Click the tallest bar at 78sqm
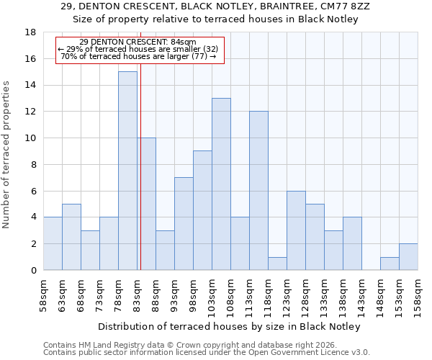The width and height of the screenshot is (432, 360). (x=127, y=171)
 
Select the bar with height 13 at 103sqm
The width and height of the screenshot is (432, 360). (x=221, y=184)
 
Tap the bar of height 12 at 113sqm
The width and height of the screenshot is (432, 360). (x=258, y=191)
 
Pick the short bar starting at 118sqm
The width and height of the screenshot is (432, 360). (x=277, y=264)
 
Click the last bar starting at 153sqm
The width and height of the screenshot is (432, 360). (x=408, y=257)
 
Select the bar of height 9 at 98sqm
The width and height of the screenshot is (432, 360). (x=202, y=210)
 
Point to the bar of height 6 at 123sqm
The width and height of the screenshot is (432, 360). (x=296, y=230)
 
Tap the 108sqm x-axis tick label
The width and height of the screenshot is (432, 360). (x=231, y=296)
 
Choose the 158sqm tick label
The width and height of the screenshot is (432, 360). (x=418, y=296)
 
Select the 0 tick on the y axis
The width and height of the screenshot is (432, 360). (x=33, y=270)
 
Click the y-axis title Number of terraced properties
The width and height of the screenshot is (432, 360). (x=7, y=155)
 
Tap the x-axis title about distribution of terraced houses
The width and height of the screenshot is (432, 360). (x=228, y=326)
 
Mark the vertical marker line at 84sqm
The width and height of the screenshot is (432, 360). (x=140, y=166)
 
